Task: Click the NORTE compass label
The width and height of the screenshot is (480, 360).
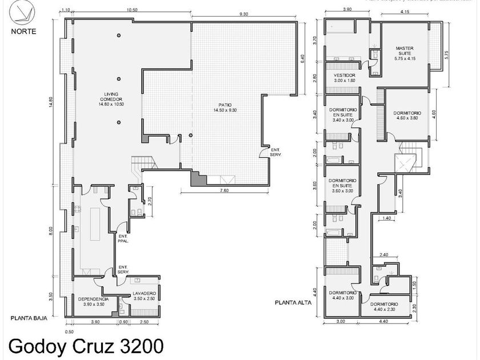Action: pos(23,31)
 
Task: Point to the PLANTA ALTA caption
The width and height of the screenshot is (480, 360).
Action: pos(293,303)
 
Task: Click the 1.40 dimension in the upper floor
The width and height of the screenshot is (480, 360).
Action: pos(387,219)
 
